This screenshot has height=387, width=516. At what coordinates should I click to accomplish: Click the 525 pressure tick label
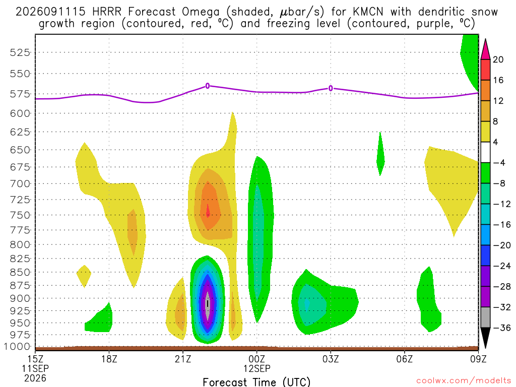pyautogui.click(x=20, y=52)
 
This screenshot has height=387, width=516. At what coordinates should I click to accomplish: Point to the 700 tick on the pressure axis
pyautogui.click(x=20, y=183)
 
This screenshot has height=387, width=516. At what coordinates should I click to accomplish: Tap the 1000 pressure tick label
pyautogui.click(x=17, y=347)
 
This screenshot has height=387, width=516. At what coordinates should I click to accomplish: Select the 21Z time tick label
pyautogui.click(x=183, y=359)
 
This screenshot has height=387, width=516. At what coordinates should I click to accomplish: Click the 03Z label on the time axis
pyautogui.click(x=331, y=359)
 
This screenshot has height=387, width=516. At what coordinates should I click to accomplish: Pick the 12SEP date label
pyautogui.click(x=257, y=368)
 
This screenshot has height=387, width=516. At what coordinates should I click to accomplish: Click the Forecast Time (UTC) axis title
pyautogui.click(x=256, y=382)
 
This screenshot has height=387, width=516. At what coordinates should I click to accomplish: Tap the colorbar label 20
pyautogui.click(x=498, y=59)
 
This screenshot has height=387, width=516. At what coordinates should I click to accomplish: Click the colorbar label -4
pyautogui.click(x=499, y=163)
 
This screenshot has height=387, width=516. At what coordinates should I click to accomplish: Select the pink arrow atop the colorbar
pyautogui.click(x=485, y=49)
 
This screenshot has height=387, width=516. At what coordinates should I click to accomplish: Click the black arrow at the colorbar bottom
pyautogui.click(x=485, y=338)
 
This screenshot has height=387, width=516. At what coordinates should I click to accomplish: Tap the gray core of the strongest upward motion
pyautogui.click(x=207, y=305)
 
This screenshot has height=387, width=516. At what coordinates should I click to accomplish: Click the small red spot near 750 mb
pyautogui.click(x=208, y=211)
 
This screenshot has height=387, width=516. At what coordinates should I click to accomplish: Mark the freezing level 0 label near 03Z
pyautogui.click(x=331, y=88)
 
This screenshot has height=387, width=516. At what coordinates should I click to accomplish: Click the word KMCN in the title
pyautogui.click(x=368, y=12)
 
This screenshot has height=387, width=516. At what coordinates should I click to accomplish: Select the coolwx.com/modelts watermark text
pyautogui.click(x=464, y=381)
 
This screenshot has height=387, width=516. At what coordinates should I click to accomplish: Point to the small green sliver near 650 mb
pyautogui.click(x=380, y=154)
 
